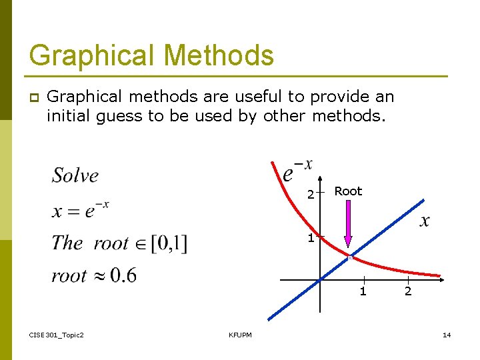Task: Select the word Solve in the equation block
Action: click(x=75, y=175)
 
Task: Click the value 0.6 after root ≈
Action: click(x=123, y=275)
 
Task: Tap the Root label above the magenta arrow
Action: click(x=348, y=191)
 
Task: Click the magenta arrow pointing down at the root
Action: click(x=348, y=227)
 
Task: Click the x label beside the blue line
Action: click(x=424, y=221)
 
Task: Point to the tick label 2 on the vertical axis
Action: click(x=310, y=195)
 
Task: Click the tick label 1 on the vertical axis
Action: click(x=311, y=238)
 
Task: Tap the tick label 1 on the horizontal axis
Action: click(x=363, y=291)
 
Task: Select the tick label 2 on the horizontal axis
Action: click(x=408, y=291)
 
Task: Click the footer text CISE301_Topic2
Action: click(x=57, y=335)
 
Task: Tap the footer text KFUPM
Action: click(x=240, y=335)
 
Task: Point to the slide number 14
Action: click(x=447, y=335)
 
